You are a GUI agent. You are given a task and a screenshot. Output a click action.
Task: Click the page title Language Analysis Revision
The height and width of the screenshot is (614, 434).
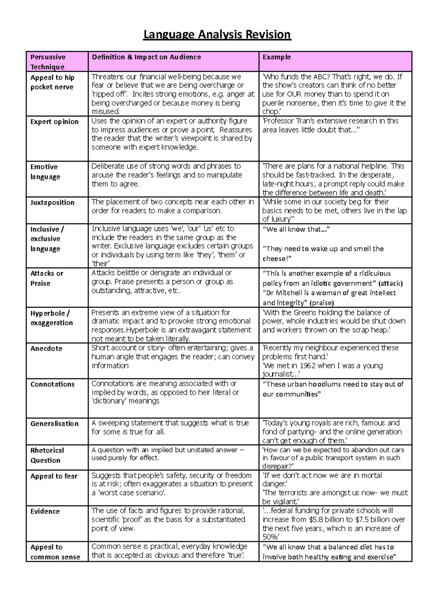coord(217,34)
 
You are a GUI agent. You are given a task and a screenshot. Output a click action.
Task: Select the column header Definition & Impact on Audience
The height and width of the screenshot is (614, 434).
coord(146,57)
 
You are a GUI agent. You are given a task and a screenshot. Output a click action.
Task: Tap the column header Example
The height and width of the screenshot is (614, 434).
coord(277,57)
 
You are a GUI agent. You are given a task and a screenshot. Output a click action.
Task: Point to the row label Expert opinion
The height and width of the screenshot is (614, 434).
coord(54,122)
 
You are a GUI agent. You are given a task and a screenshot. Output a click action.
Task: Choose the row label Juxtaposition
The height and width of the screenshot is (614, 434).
coord(52,202)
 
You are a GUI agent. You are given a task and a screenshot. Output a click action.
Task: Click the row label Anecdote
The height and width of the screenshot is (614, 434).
coord(46,349)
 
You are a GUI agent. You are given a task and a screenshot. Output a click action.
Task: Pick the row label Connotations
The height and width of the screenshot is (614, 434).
coord(52,384)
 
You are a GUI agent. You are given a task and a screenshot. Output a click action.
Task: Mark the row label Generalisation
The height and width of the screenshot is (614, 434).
coord(54,424)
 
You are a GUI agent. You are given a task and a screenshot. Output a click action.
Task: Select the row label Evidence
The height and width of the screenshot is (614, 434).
coord(45,511)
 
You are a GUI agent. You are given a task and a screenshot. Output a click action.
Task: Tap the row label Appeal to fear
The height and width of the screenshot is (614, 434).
coord(54,476)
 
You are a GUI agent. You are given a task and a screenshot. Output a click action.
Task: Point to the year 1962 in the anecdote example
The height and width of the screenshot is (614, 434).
coord(307,366)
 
